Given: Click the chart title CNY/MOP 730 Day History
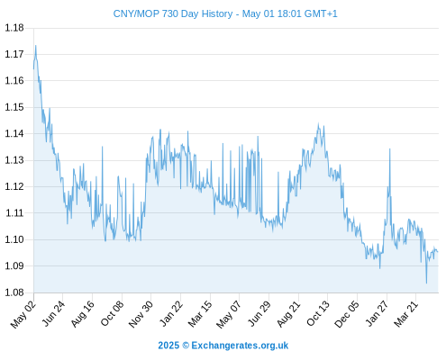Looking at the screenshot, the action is pos(173,13).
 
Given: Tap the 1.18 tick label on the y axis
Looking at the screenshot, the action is pos(14,28).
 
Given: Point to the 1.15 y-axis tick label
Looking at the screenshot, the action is pos(14,107).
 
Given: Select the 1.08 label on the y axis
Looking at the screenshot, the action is pos(14,292).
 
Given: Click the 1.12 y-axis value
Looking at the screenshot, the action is pos(14,186).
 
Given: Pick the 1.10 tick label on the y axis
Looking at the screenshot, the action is pos(14,239).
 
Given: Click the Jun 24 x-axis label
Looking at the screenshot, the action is pos(53,313).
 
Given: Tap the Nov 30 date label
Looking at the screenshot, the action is pos(141,314).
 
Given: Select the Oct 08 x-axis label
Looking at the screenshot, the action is pos(112,313).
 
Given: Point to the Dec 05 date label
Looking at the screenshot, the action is pos(347,314).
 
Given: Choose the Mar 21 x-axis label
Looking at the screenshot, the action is pos(406,313).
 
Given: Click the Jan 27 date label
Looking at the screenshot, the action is pos(377,313).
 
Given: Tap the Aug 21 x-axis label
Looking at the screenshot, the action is pos(288,313).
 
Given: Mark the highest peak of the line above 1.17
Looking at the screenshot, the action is pos(36,46).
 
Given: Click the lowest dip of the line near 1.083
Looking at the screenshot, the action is pos(426,283).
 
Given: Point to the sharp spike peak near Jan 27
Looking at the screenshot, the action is pos(390,148).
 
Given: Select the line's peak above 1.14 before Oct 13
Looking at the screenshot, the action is pos(319,123).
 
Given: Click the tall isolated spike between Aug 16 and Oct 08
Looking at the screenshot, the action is pos(103,147).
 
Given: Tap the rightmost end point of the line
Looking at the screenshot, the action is pos(438,252).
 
